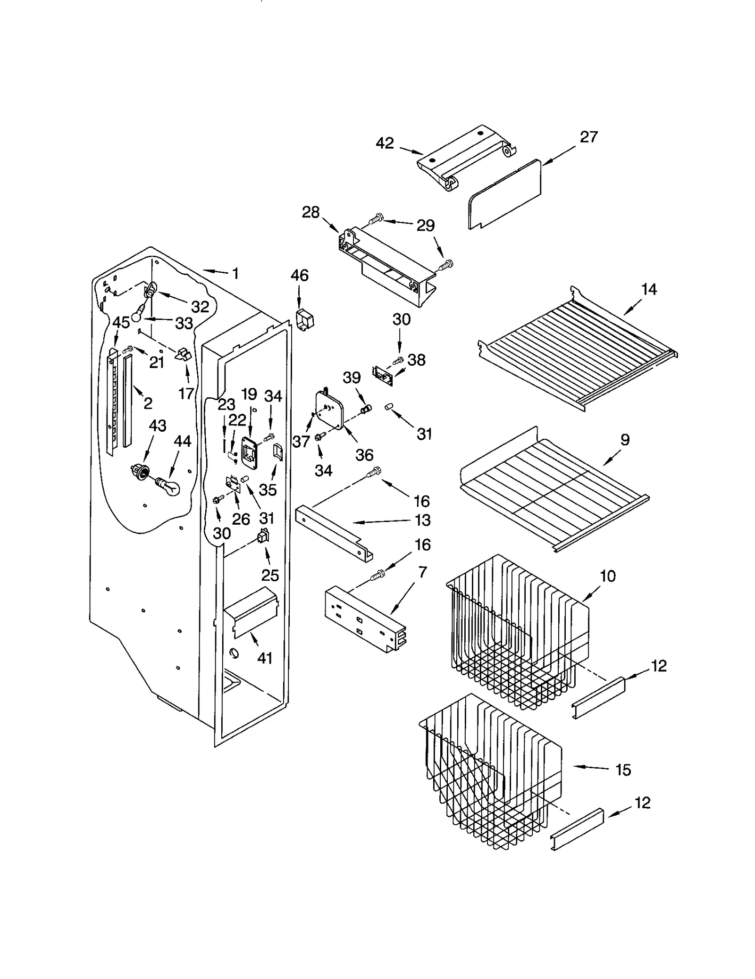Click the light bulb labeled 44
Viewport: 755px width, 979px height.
[x=170, y=486]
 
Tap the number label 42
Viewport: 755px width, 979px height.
[x=385, y=143]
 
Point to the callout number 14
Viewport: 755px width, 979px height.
[x=649, y=289]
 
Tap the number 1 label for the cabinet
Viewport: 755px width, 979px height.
[x=235, y=273]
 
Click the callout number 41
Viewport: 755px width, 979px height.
[x=265, y=658]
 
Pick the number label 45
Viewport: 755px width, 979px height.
[x=121, y=323]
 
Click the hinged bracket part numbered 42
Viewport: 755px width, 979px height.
[x=465, y=158]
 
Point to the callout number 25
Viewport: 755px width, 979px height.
[x=270, y=575]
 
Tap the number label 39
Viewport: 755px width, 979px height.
[x=352, y=377]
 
